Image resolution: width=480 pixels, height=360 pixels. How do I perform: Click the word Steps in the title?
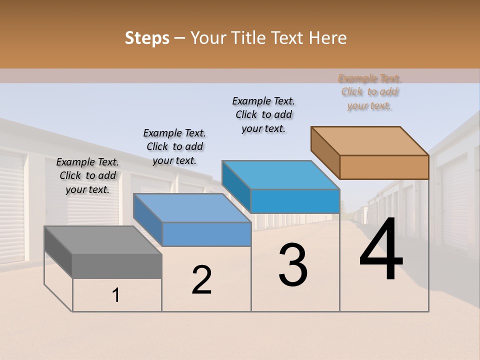147,38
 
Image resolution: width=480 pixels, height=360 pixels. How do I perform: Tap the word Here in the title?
328,38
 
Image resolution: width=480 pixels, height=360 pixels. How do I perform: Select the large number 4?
381,250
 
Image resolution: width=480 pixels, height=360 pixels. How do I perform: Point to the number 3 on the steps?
293,265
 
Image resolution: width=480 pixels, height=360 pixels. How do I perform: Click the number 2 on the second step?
201,280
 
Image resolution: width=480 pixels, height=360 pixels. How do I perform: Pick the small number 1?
116,295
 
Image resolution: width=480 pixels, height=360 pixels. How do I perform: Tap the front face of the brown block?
384,167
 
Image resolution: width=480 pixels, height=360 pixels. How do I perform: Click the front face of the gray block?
117,266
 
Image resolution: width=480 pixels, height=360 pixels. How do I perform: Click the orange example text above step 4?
369,92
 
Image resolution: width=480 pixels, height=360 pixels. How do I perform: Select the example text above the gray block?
87,175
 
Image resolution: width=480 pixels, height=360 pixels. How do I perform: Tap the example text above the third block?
263,114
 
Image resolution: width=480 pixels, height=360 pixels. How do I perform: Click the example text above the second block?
174,146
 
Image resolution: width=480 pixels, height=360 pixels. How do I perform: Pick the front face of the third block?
295,201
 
